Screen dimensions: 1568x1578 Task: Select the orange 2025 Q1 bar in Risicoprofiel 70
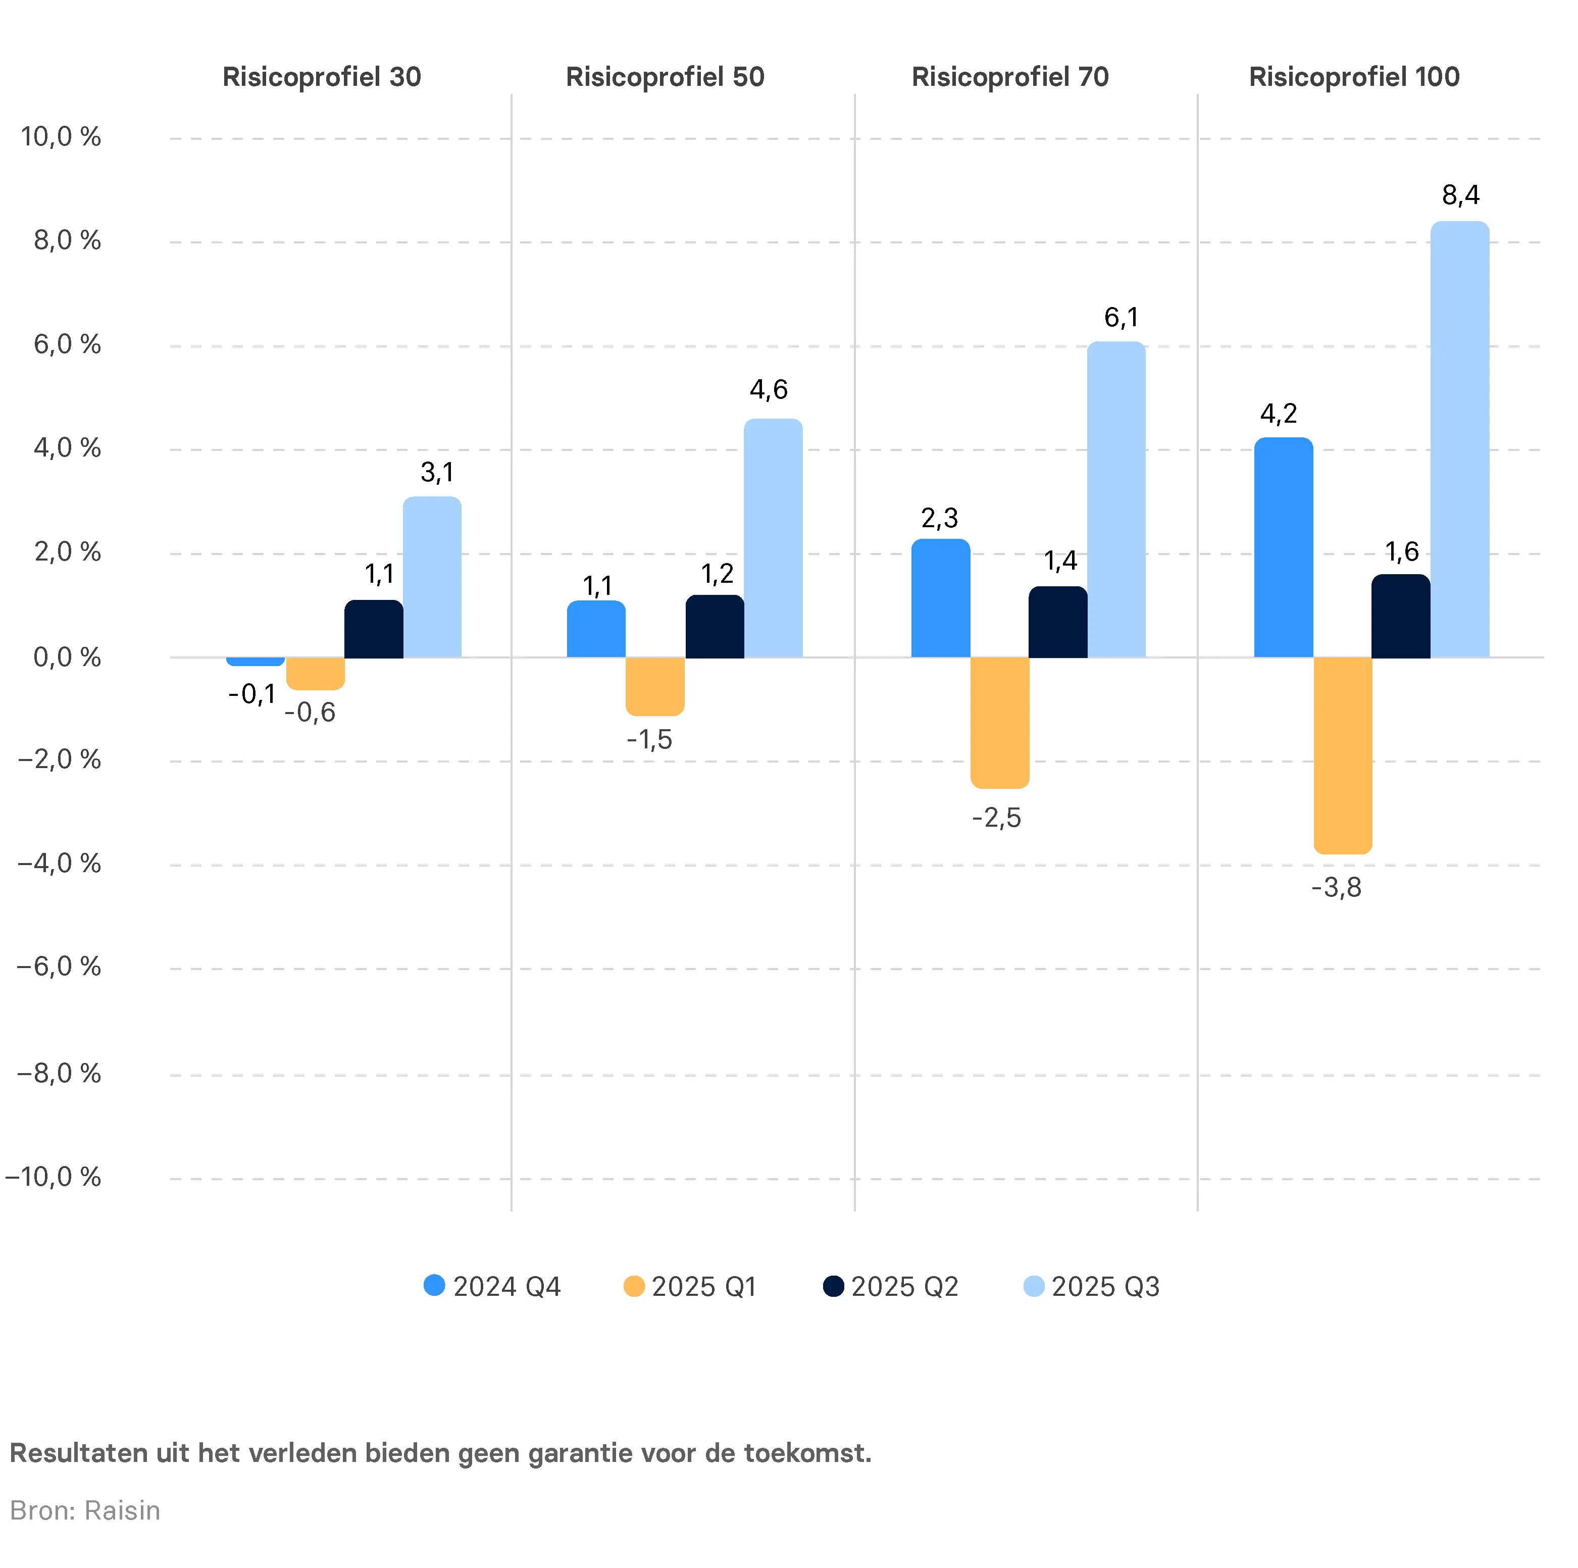[1000, 722]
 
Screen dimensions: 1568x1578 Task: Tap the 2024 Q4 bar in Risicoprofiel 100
[1283, 547]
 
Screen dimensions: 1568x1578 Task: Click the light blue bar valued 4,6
[773, 538]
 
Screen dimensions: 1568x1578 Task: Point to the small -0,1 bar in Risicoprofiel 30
[256, 661]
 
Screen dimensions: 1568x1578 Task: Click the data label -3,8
[1336, 888]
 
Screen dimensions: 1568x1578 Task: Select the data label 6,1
[1121, 318]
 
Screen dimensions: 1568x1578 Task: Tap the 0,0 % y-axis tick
[67, 657]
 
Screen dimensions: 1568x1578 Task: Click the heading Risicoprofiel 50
[665, 78]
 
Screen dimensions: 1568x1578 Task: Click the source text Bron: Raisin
[85, 1511]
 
